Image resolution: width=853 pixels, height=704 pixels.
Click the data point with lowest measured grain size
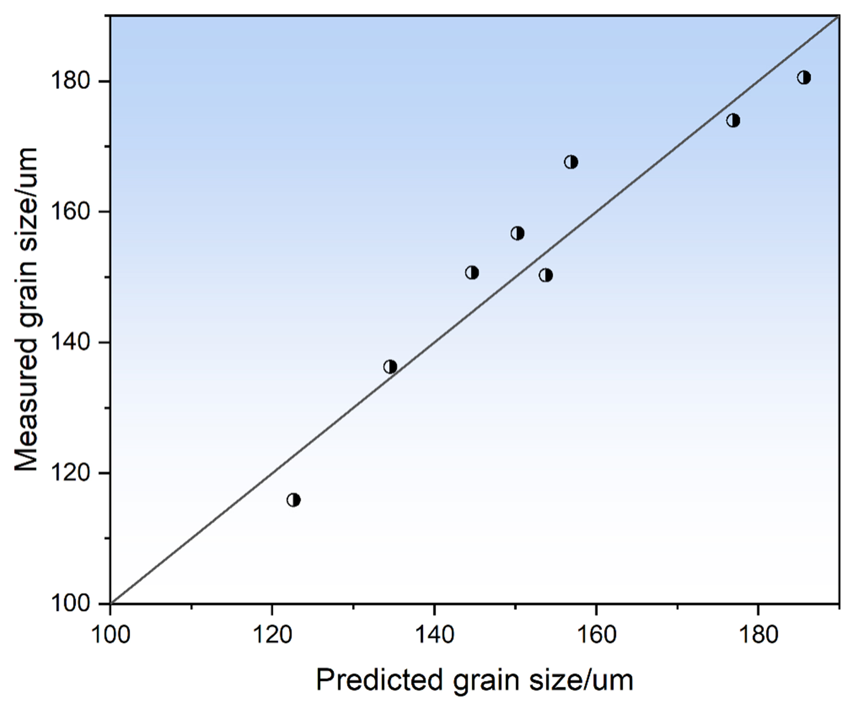294,500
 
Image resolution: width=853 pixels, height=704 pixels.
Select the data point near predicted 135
390,367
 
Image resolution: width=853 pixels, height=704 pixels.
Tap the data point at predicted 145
472,273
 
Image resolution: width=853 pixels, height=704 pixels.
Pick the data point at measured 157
517,234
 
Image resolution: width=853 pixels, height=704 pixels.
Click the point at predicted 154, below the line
545,275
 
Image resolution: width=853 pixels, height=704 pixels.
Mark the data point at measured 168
571,162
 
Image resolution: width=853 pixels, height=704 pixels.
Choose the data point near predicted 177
733,120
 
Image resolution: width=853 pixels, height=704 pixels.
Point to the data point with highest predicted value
804,78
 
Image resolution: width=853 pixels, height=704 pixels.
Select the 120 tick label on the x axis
272,635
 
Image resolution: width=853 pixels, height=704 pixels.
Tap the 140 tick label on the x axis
434,635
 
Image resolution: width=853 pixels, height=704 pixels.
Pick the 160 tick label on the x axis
596,635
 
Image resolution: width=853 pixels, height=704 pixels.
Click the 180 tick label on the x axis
758,635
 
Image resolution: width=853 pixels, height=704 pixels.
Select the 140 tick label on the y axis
71,343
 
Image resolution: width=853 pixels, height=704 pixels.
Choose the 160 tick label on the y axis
71,212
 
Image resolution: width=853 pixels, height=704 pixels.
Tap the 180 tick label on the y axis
71,81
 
